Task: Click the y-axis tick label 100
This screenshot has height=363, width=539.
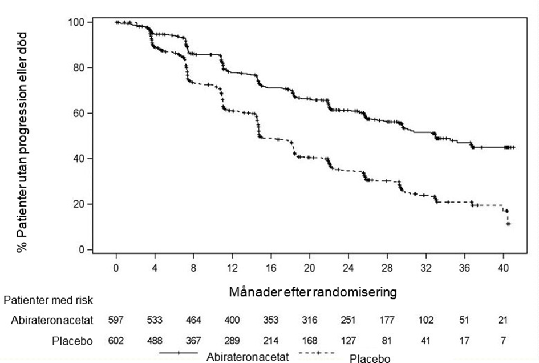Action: click(76, 22)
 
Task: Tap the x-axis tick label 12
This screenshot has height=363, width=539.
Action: click(232, 268)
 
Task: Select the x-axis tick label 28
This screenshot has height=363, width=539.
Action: click(387, 268)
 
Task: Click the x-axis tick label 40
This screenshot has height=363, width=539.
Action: click(503, 268)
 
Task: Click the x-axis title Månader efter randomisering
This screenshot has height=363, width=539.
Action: click(313, 292)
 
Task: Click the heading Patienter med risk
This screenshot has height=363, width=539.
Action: click(48, 300)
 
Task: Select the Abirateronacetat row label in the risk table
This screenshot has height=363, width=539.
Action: click(52, 320)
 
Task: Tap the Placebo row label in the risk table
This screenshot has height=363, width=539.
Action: click(72, 341)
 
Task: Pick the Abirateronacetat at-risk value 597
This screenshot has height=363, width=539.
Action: click(116, 320)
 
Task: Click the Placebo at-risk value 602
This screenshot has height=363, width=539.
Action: click(116, 341)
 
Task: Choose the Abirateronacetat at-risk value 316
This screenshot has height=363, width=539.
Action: click(310, 320)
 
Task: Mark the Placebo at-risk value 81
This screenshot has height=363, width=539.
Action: click(387, 341)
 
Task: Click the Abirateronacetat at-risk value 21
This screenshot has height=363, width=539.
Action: click(503, 320)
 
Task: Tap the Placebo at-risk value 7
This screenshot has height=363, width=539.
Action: click(503, 341)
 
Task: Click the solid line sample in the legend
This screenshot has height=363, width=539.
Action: click(179, 353)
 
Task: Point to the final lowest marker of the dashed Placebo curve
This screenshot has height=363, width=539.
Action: click(508, 224)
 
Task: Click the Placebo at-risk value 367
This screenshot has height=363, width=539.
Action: click(193, 341)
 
